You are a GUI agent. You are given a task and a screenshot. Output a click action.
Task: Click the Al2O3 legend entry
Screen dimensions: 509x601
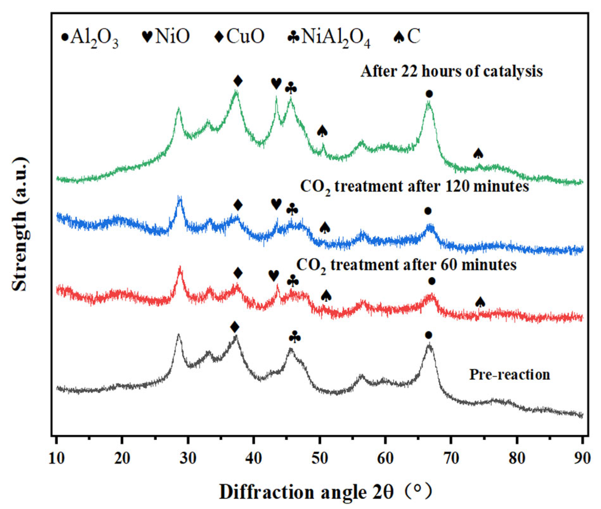click(90, 37)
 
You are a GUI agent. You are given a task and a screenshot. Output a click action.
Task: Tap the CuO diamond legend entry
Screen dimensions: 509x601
click(240, 36)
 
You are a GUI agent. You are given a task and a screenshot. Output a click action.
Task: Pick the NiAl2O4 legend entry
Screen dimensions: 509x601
click(329, 37)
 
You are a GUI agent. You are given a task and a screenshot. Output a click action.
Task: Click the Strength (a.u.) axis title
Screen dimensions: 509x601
click(20, 224)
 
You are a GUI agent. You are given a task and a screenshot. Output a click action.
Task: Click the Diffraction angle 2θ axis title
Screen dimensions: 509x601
click(325, 492)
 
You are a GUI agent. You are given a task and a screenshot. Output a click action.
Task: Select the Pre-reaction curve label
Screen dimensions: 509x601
click(509, 374)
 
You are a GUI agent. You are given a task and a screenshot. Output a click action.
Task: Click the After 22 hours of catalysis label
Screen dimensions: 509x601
click(451, 71)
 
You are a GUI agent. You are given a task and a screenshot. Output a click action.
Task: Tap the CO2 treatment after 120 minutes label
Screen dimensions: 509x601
click(414, 187)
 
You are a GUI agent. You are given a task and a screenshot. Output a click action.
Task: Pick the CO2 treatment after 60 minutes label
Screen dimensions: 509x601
click(406, 265)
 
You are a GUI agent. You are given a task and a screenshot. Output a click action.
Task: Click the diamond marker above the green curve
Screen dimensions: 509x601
click(238, 81)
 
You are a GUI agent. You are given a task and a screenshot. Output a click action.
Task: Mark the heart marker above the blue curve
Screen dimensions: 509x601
click(276, 204)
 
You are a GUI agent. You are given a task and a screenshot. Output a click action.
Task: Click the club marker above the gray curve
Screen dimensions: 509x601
click(295, 337)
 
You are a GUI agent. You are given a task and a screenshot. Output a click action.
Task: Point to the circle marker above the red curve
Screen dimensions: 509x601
click(432, 281)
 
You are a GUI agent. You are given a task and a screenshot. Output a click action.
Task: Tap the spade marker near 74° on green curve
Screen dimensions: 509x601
click(478, 154)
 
